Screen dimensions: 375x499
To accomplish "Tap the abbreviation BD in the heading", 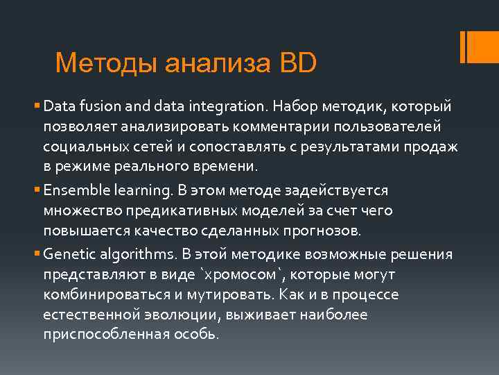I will (x=297, y=64).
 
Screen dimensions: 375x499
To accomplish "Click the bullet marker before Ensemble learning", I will (x=37, y=190).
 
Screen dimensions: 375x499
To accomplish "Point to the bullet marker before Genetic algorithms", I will (x=37, y=254).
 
